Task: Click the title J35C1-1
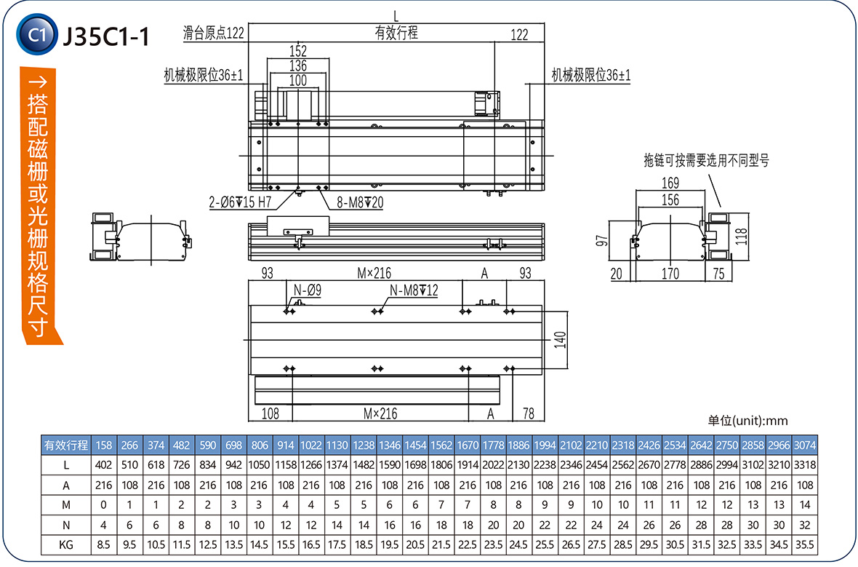click(107, 34)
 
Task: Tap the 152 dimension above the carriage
click(298, 51)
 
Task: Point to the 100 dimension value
click(298, 81)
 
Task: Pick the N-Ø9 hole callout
click(307, 290)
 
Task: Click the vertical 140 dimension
click(560, 339)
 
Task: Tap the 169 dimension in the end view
click(670, 183)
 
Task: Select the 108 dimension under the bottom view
click(270, 413)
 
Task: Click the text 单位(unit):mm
click(747, 421)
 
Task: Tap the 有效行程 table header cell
click(66, 445)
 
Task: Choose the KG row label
click(66, 544)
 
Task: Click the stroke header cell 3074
click(803, 445)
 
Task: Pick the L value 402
click(103, 464)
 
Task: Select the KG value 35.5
click(803, 544)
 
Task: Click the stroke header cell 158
click(103, 445)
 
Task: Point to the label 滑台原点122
click(213, 33)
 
